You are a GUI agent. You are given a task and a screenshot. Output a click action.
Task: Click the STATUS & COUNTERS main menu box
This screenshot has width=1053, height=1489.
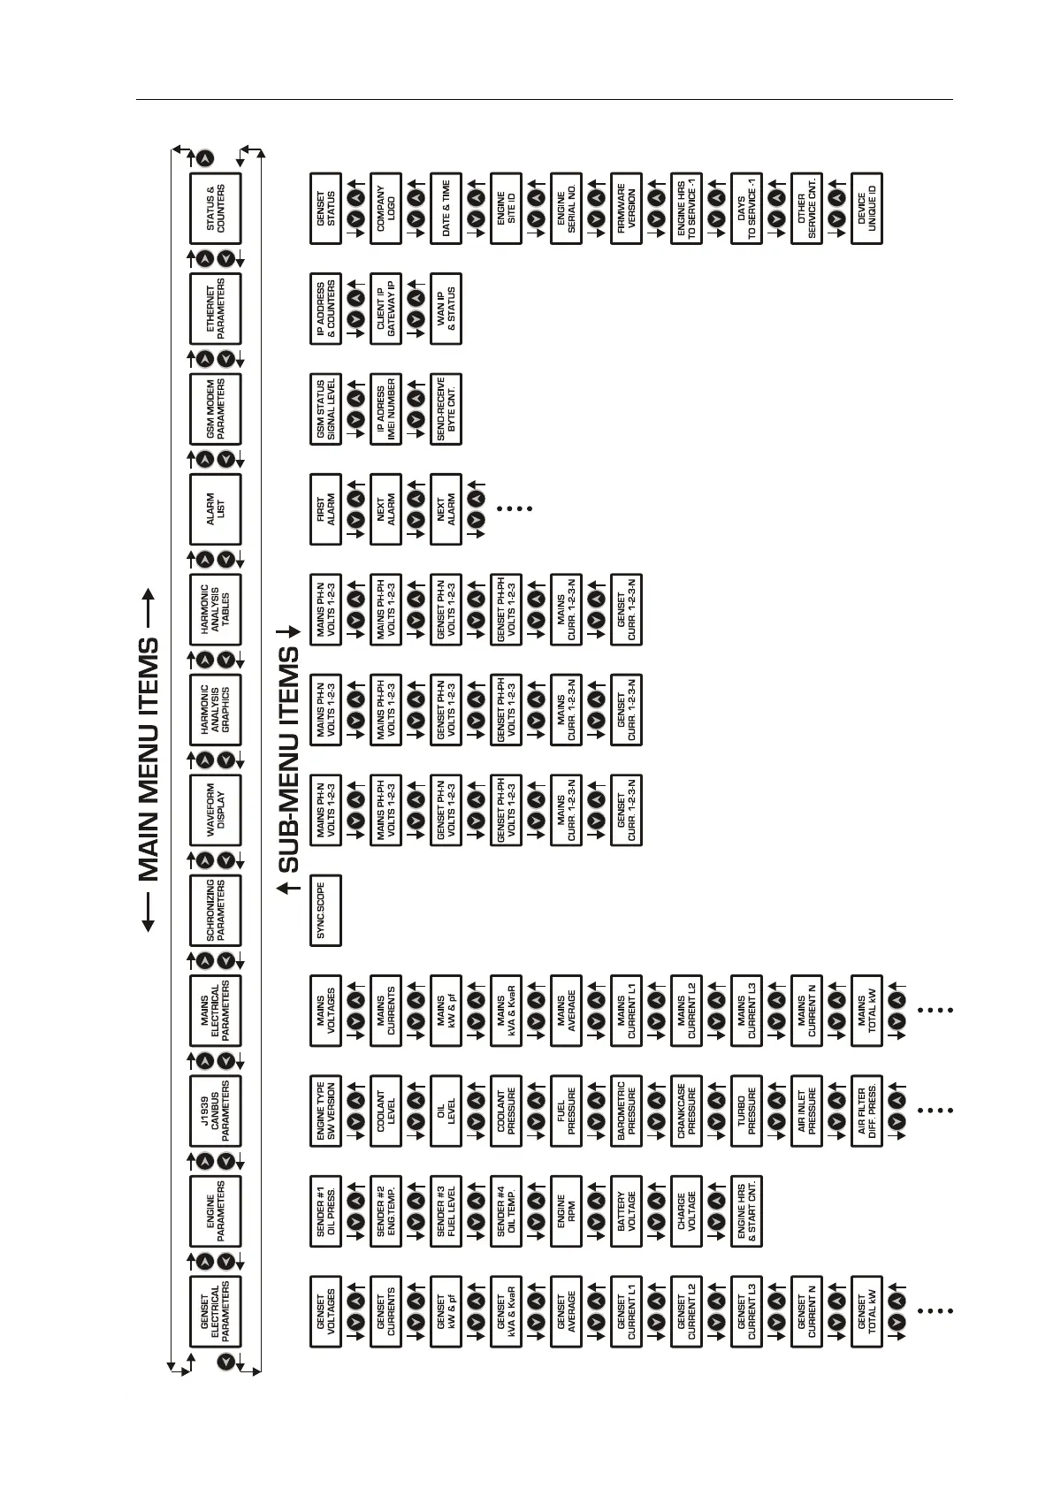point(216,208)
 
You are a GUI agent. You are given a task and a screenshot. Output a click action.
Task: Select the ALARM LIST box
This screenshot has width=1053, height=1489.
point(216,508)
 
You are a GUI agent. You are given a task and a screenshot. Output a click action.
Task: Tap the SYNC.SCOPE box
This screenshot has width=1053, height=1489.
point(325,910)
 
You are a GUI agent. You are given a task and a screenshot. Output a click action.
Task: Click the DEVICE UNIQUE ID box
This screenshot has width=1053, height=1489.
point(866,208)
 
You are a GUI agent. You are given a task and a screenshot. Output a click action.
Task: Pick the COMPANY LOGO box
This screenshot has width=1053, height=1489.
point(385,208)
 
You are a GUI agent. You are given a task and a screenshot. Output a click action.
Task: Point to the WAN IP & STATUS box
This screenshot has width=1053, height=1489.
point(446,309)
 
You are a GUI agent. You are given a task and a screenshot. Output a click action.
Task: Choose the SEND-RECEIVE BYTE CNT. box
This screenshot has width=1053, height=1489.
point(446,409)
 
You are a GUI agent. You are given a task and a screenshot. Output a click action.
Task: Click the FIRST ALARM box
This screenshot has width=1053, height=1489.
point(325,508)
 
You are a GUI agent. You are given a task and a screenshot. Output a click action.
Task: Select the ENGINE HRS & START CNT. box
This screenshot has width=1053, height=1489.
point(746,1210)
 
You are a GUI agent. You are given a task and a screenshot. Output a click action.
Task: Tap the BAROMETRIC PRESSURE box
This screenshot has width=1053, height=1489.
point(626,1111)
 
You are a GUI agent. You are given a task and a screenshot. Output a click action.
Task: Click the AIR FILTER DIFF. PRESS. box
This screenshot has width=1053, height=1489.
point(866,1111)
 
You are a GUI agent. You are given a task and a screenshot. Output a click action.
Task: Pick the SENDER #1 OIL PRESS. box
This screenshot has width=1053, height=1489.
point(325,1210)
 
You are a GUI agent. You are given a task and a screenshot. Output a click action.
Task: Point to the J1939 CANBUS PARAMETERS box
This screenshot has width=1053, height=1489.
point(216,1111)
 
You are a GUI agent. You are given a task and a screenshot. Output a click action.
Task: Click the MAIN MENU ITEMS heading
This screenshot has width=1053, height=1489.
point(149,760)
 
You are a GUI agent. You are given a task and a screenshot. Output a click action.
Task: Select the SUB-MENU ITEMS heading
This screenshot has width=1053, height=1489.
point(288,760)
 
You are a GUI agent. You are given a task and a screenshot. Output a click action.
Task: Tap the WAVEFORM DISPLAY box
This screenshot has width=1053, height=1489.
point(216,810)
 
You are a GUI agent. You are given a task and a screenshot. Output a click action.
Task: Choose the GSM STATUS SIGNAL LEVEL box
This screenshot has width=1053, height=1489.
point(325,409)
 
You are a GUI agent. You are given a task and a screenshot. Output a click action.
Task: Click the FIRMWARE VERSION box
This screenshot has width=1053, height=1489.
point(626,208)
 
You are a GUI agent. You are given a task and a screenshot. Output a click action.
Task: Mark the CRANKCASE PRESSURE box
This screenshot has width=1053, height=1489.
point(686,1111)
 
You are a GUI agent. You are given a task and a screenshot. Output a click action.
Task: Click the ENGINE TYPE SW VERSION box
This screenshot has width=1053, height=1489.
point(325,1111)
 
